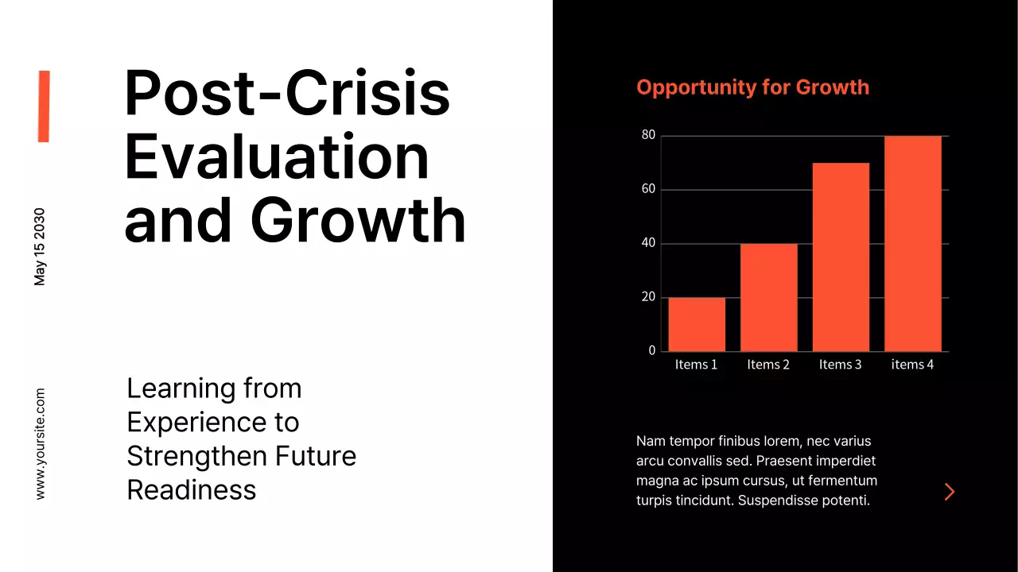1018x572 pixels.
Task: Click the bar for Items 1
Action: (x=697, y=324)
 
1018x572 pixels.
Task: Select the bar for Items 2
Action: (x=768, y=297)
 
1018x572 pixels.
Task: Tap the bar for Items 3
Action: (x=841, y=257)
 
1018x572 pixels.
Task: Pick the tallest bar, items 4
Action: (x=912, y=243)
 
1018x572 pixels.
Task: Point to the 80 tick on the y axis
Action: (x=648, y=136)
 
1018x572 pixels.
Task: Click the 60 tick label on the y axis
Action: (x=648, y=189)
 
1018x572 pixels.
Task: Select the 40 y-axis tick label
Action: (x=648, y=243)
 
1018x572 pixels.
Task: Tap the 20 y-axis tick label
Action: (x=648, y=297)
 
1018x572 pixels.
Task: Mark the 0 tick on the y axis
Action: (x=652, y=350)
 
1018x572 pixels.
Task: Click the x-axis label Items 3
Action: (x=841, y=365)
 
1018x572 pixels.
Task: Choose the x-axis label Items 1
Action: (x=697, y=365)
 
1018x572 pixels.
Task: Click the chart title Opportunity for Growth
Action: (x=752, y=87)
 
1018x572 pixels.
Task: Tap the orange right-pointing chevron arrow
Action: (x=949, y=492)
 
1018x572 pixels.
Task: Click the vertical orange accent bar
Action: (x=44, y=106)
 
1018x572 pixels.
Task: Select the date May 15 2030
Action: (x=40, y=247)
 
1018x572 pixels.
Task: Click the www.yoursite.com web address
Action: (x=40, y=443)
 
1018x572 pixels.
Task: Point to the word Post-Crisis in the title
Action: (x=287, y=93)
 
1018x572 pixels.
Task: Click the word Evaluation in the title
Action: (x=277, y=157)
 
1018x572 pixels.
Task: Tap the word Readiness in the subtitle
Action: (x=192, y=490)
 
